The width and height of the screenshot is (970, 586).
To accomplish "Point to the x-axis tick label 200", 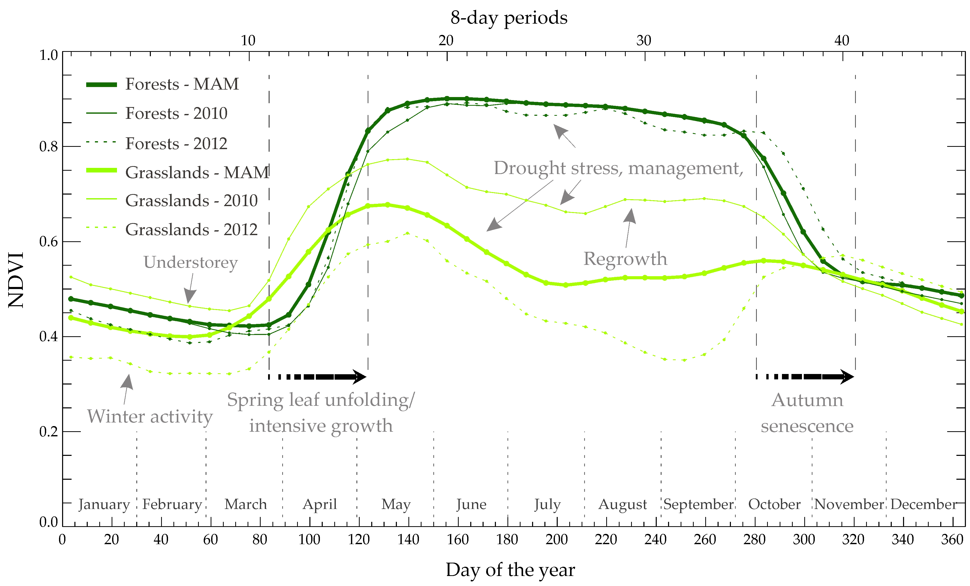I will tap(556, 539).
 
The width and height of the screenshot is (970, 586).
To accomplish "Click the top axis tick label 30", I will tap(644, 41).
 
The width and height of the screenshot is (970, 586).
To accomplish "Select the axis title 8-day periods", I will tap(509, 18).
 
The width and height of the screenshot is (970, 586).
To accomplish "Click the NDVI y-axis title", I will tap(16, 280).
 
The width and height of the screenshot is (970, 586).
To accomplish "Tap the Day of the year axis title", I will tap(510, 570).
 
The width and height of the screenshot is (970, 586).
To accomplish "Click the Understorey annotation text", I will tap(191, 262).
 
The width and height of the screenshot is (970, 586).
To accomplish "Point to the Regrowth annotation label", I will tap(625, 259).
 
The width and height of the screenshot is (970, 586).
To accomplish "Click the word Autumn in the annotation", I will tap(807, 400).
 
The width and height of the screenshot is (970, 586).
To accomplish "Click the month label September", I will tap(698, 504).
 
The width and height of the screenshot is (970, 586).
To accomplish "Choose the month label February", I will tap(172, 504).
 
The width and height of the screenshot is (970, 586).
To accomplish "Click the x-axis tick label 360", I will tap(952, 539).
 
